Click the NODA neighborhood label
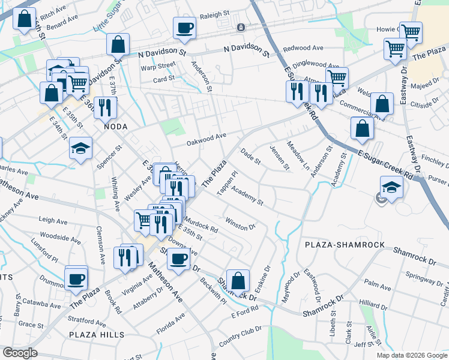(116, 127)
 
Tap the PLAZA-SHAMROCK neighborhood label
(340, 245)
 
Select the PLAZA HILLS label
(96, 335)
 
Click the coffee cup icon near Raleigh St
(184, 28)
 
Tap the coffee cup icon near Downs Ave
(178, 259)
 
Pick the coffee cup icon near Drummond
(76, 278)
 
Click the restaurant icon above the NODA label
(105, 107)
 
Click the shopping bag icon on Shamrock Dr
(238, 280)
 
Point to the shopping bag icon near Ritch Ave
(24, 20)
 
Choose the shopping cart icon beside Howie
(411, 32)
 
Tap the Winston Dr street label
(241, 223)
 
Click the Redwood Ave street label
(303, 48)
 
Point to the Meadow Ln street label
(298, 154)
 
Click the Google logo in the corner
(19, 353)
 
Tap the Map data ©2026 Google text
(411, 355)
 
